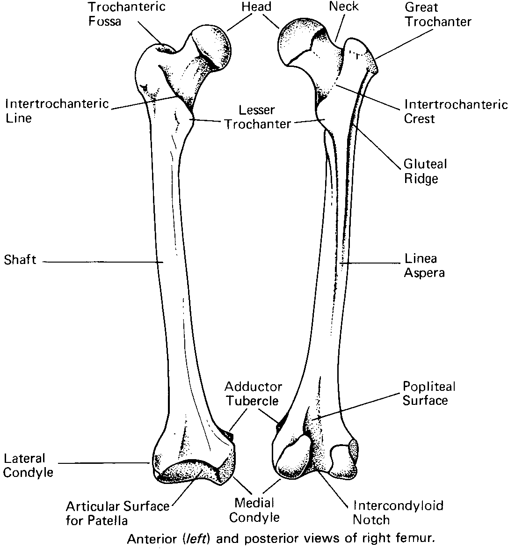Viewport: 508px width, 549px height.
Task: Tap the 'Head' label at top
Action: point(256,7)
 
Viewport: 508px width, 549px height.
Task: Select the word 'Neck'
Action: point(344,7)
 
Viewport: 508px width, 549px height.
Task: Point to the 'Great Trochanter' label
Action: point(438,15)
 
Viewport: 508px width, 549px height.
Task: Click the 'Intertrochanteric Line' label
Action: point(57,110)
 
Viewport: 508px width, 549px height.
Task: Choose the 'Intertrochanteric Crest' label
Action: point(456,111)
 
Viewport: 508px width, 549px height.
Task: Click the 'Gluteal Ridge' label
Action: point(425,171)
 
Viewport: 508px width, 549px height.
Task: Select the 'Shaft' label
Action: point(20,260)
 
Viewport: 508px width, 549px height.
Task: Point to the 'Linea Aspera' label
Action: point(424,265)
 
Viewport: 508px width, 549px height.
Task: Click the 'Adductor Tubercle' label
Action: point(253,394)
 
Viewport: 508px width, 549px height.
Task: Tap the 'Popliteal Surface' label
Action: point(428,393)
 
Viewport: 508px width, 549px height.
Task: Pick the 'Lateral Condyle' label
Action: point(28,465)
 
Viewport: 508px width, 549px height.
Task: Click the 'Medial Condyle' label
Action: point(254,510)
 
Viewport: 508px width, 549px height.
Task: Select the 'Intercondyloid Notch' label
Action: point(398,512)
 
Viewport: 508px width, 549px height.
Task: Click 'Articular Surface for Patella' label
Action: point(117,513)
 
